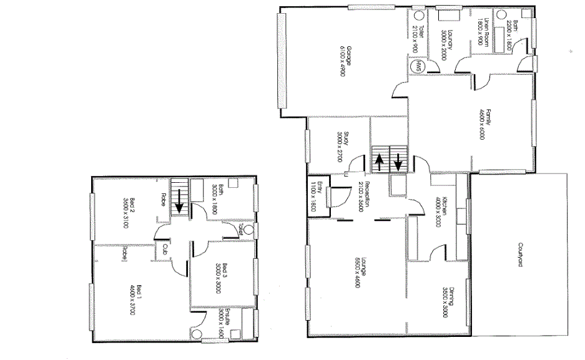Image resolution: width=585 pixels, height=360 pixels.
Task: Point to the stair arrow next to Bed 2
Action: [x=179, y=200]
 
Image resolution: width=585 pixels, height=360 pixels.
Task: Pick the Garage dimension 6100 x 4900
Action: [x=342, y=61]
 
